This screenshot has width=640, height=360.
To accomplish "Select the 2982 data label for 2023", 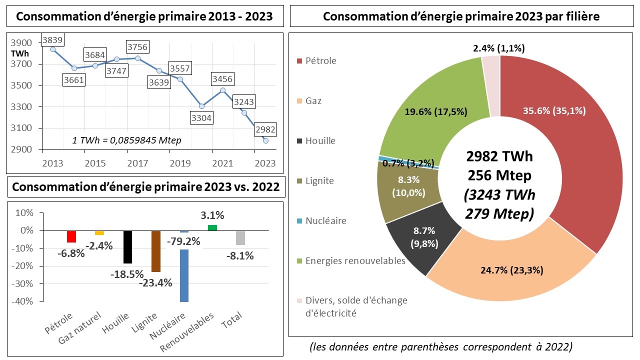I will click(264, 128).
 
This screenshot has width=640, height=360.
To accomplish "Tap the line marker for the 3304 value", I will click(201, 106).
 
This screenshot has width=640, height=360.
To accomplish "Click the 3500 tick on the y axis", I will click(22, 85).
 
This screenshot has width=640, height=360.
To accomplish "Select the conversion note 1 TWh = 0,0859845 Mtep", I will click(126, 140).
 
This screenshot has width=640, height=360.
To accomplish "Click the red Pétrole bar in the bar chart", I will click(71, 236).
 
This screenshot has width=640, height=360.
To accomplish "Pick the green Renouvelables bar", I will click(212, 227).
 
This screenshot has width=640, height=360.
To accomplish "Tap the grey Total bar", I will click(240, 238).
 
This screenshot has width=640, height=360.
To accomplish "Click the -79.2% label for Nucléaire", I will click(183, 241).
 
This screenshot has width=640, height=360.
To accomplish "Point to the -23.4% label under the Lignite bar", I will click(155, 282).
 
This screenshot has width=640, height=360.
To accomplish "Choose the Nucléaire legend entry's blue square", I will click(299, 221).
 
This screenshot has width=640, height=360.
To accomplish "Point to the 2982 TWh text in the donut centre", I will click(499, 156).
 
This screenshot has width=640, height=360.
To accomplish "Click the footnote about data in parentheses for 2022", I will click(441, 346).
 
